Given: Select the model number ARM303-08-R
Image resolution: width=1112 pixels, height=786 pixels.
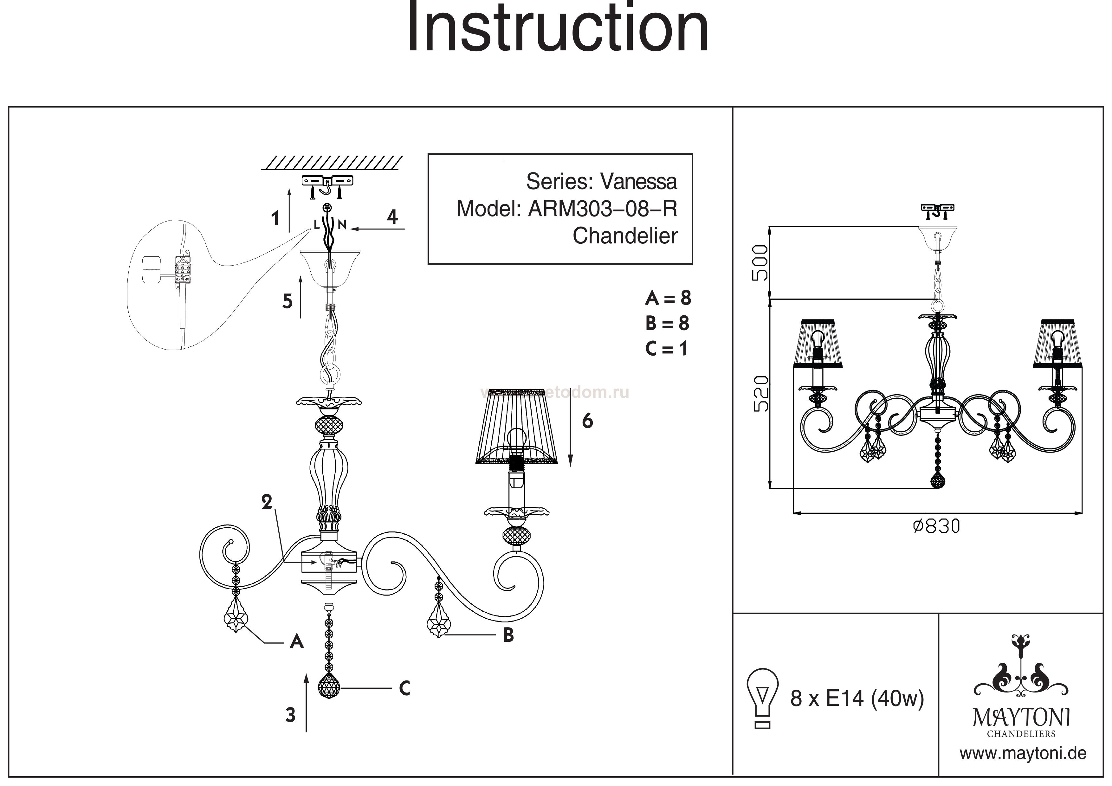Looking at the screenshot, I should tap(603, 209).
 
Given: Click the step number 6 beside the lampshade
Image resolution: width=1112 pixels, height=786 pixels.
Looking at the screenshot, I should tap(587, 421).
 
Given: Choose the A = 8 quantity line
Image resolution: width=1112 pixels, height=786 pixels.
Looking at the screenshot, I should tap(668, 298).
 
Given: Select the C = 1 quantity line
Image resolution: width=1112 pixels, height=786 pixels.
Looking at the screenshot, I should tap(666, 349).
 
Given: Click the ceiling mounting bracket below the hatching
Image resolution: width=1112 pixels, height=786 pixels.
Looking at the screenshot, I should tap(328, 181).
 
